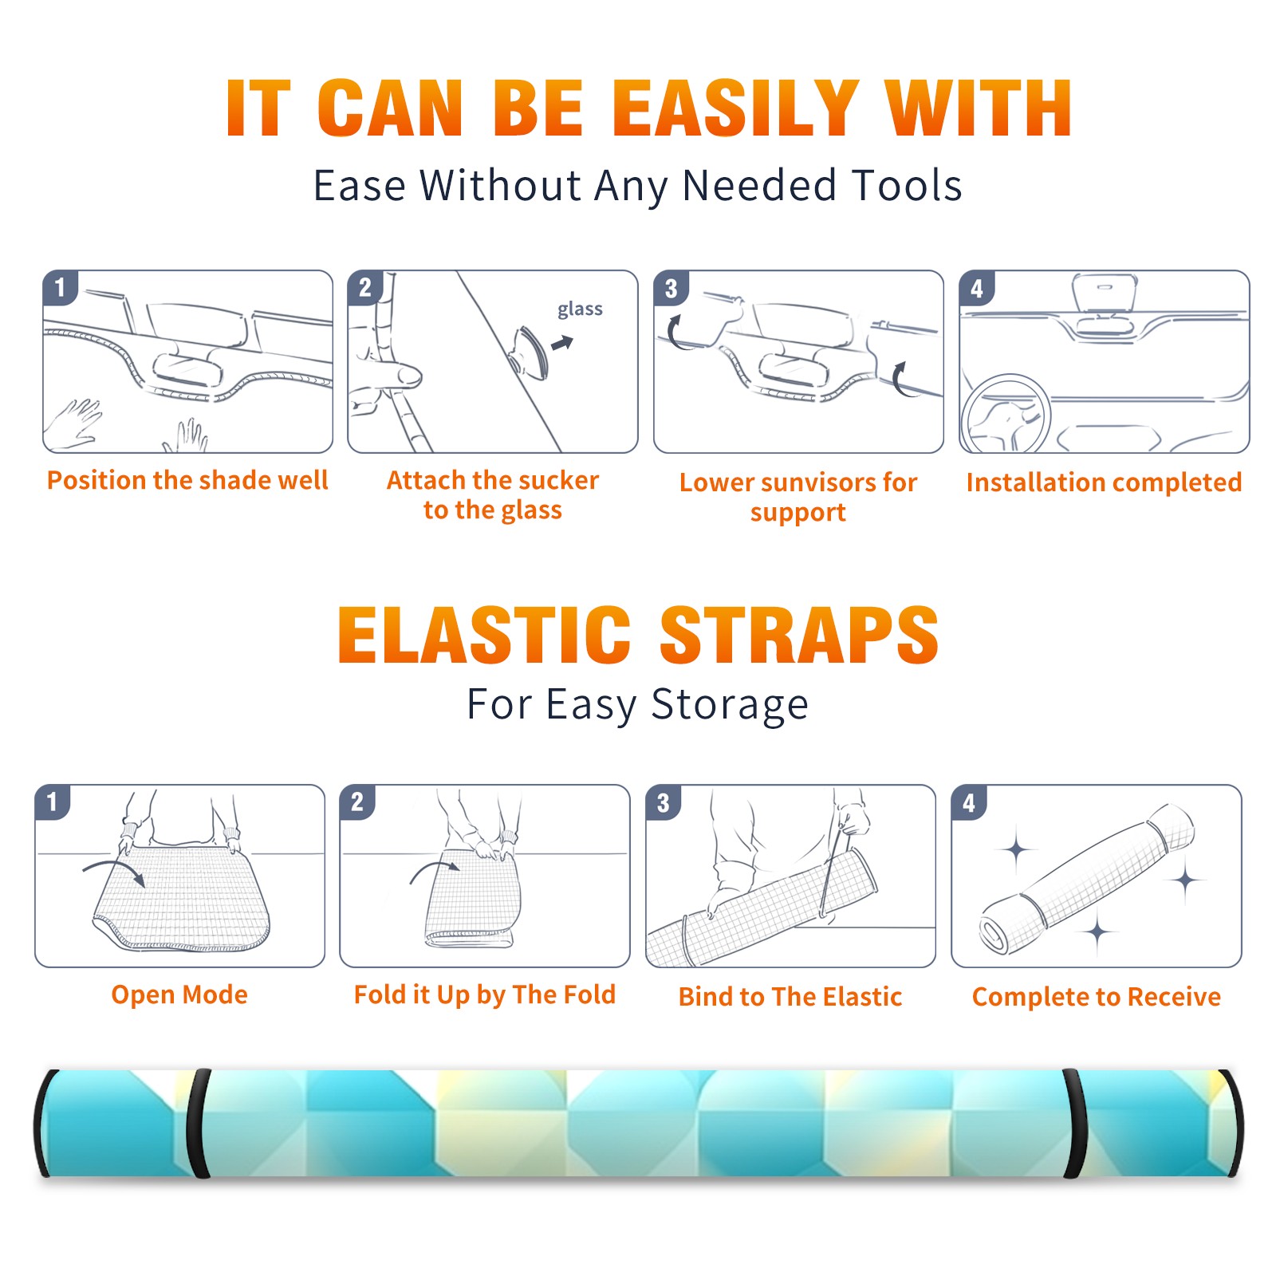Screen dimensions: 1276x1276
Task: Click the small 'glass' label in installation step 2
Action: [580, 309]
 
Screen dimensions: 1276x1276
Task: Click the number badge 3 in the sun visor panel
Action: [671, 289]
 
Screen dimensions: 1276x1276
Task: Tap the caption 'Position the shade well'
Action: [187, 480]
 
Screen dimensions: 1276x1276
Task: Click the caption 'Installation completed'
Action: [1104, 482]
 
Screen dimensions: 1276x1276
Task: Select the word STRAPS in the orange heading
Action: [799, 635]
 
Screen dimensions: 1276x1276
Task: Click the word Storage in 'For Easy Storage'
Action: [730, 705]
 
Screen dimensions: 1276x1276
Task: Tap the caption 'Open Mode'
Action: [179, 994]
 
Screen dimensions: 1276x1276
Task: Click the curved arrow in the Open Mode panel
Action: [114, 867]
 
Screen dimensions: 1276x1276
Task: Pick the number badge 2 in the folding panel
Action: [357, 802]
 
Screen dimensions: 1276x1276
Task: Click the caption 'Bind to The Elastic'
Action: [790, 997]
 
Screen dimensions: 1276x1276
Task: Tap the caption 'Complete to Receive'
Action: [1097, 997]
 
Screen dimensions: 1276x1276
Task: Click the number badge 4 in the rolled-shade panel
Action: [968, 802]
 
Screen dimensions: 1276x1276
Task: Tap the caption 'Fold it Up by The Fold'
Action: [485, 995]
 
